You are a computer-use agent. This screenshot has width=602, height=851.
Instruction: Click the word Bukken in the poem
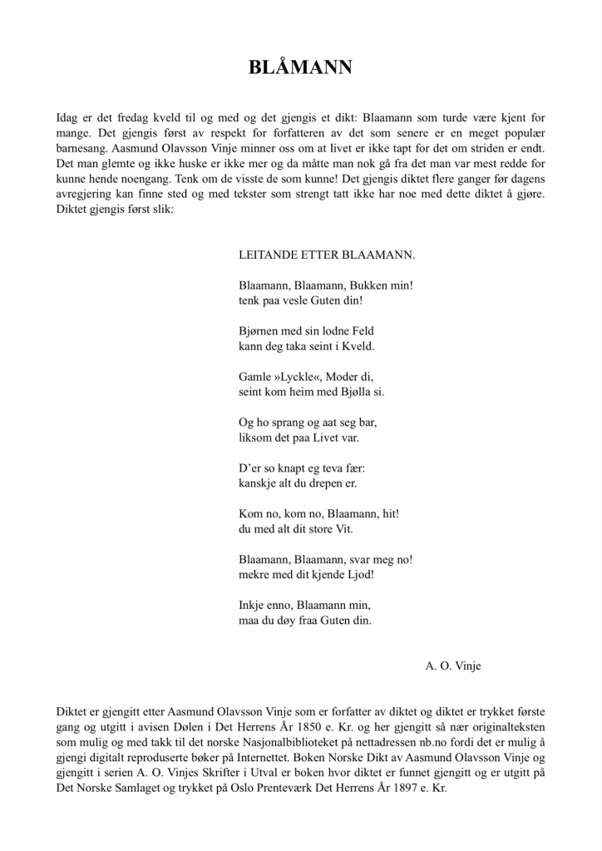point(363,284)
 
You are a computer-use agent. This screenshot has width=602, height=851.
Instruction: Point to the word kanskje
point(259,483)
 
